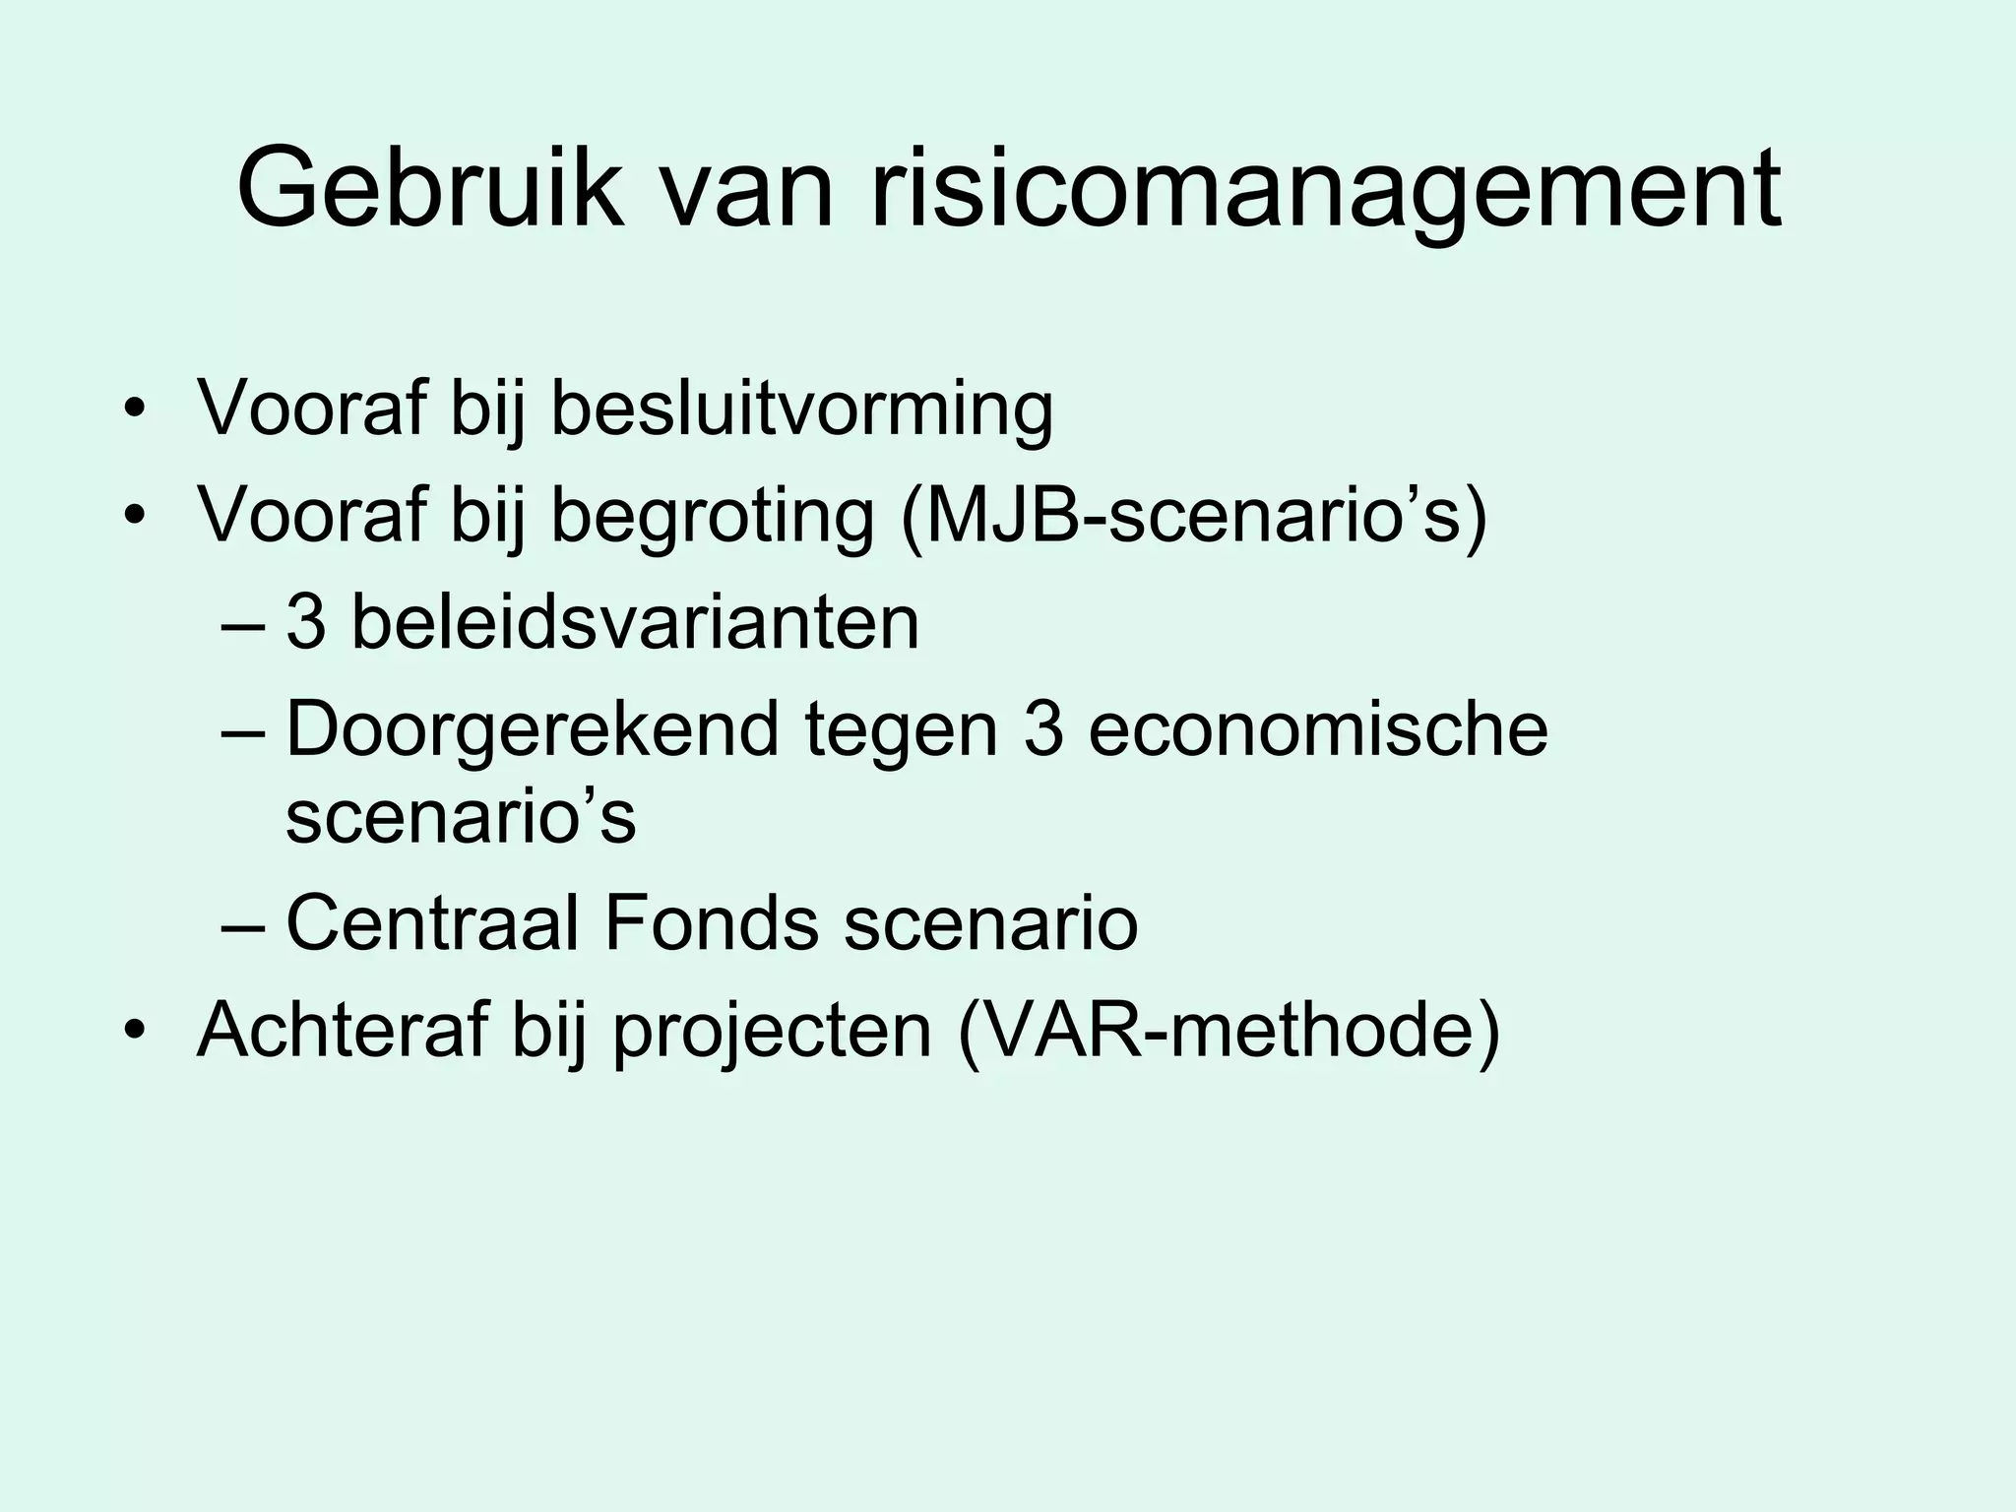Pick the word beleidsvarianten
pyautogui.click(x=635, y=622)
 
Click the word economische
pyautogui.click(x=1318, y=729)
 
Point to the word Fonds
pyautogui.click(x=711, y=922)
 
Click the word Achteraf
pyautogui.click(x=342, y=1030)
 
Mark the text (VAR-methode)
pyautogui.click(x=1228, y=1030)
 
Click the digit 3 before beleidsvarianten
pyautogui.click(x=305, y=622)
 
